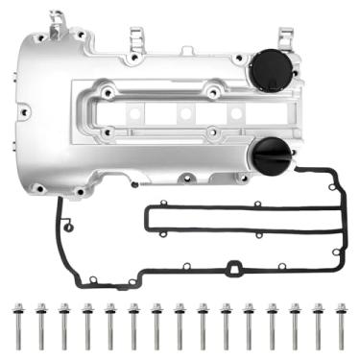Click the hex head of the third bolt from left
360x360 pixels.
pos(64,309)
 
